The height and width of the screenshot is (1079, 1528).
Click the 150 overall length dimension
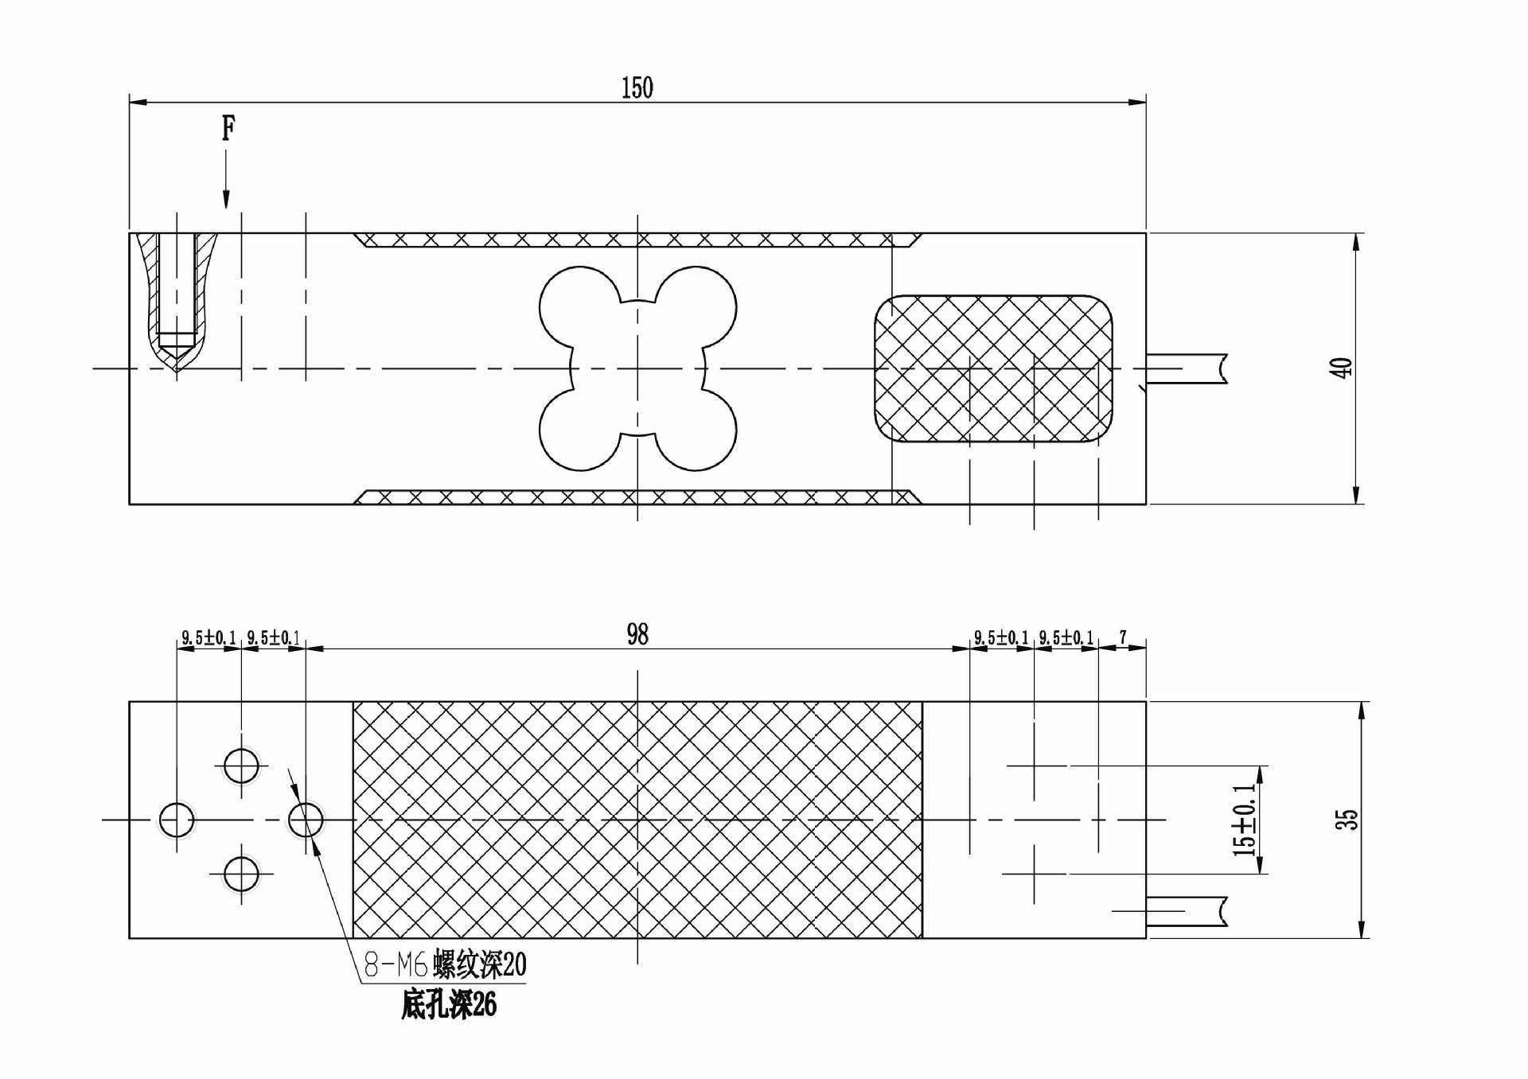pyautogui.click(x=637, y=88)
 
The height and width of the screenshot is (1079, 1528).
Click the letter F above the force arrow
pyautogui.click(x=228, y=127)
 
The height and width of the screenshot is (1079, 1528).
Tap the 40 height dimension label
pyautogui.click(x=1342, y=368)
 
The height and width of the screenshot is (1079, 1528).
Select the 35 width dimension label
pyautogui.click(x=1346, y=820)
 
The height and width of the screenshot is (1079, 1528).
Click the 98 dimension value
pyautogui.click(x=637, y=634)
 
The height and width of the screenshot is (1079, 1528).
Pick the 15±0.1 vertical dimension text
pyautogui.click(x=1244, y=820)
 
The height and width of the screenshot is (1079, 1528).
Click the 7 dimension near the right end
pyautogui.click(x=1123, y=637)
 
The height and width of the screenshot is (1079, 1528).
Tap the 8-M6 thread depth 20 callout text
pyautogui.click(x=445, y=965)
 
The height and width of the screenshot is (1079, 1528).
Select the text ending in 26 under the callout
pyautogui.click(x=449, y=1005)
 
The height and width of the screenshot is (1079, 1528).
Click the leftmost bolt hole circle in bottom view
pyautogui.click(x=176, y=820)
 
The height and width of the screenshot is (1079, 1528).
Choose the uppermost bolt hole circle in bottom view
pyautogui.click(x=241, y=766)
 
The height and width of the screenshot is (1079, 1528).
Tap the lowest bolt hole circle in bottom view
pyautogui.click(x=241, y=874)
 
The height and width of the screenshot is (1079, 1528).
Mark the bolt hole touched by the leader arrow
pyautogui.click(x=306, y=820)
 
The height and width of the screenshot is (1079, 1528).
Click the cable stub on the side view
pyautogui.click(x=1186, y=368)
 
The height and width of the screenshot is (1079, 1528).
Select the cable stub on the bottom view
pyautogui.click(x=1186, y=911)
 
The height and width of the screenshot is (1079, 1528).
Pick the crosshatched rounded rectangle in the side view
pyautogui.click(x=993, y=368)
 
